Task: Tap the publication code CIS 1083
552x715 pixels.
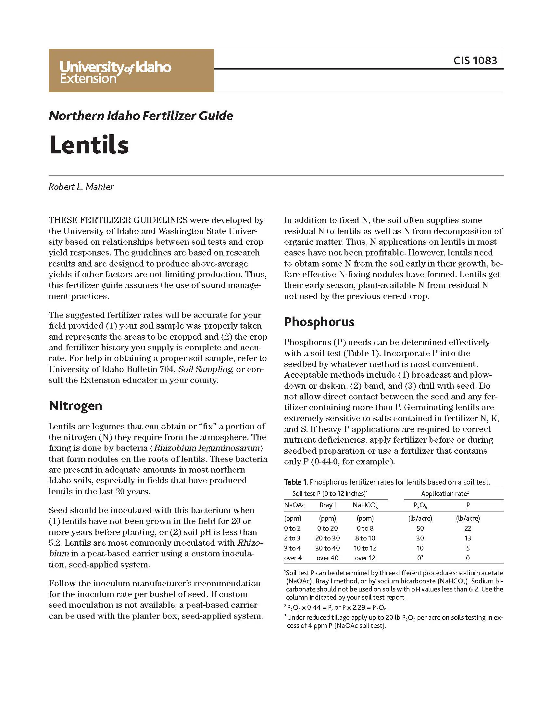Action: (475, 60)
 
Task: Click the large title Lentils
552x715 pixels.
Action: (89, 145)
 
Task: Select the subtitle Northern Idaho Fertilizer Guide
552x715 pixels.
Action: (141, 116)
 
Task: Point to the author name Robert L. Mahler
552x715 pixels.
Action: (81, 187)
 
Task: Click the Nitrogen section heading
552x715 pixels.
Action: (75, 406)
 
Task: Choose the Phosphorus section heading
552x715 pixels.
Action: (319, 322)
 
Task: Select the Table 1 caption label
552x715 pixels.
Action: (295, 482)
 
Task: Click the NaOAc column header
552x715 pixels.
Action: (294, 505)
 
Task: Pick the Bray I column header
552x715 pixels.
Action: (328, 505)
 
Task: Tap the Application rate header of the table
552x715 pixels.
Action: (445, 494)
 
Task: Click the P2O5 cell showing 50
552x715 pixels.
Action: (420, 528)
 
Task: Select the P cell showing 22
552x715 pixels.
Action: (468, 528)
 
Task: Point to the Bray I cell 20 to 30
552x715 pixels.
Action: (327, 538)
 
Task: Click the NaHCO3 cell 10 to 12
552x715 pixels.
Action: (365, 548)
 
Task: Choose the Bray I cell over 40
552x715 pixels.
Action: (327, 558)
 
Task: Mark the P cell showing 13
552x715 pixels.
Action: (468, 538)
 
